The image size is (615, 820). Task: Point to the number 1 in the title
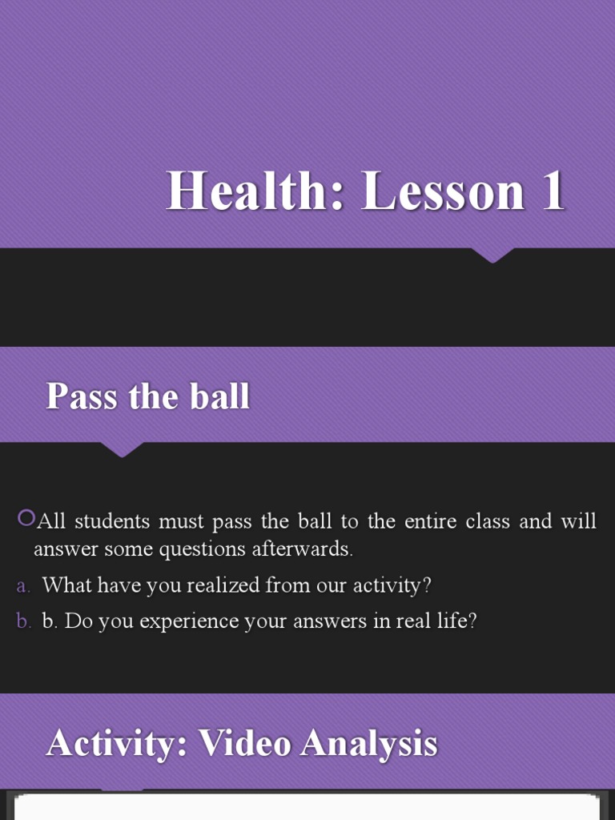click(x=552, y=192)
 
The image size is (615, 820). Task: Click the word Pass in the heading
click(x=81, y=396)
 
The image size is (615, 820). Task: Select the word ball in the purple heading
click(x=220, y=396)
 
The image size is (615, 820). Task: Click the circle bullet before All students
click(x=26, y=519)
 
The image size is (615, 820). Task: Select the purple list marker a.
click(x=22, y=586)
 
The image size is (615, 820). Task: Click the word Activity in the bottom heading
click(x=115, y=743)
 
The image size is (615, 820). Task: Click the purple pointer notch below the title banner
click(x=492, y=255)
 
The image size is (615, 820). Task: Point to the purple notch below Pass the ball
click(x=122, y=449)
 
